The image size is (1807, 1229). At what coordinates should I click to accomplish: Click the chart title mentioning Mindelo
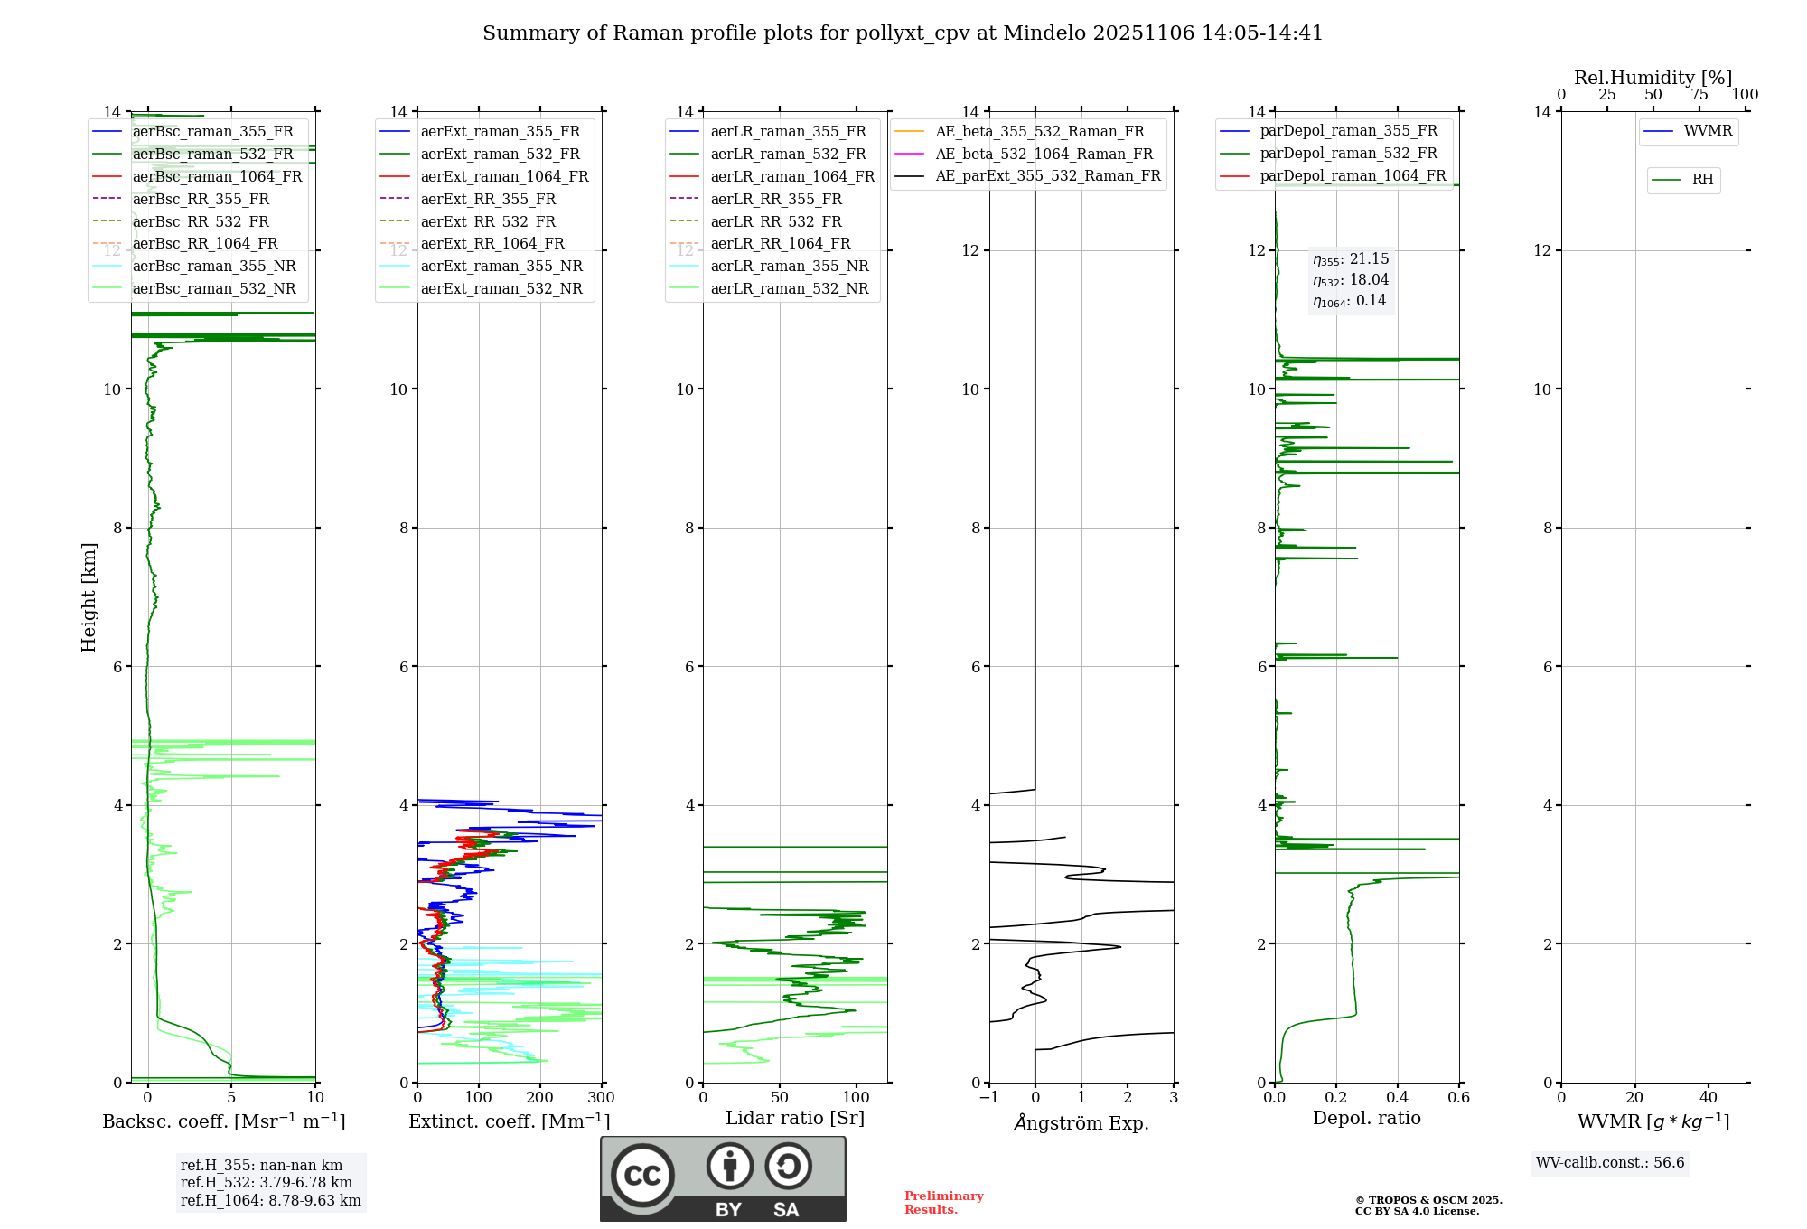pos(903,33)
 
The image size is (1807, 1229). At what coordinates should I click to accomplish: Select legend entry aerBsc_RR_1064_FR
pos(205,244)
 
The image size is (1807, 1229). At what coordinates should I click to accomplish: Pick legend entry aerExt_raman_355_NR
pos(501,267)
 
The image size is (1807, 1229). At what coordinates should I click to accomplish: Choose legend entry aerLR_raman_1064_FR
pos(792,177)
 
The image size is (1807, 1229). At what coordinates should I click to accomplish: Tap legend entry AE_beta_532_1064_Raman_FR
pos(1044,155)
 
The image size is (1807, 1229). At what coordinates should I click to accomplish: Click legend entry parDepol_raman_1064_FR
pos(1353,176)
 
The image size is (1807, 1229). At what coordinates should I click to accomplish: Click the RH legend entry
pos(1702,180)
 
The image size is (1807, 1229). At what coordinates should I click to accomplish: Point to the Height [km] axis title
pos(89,597)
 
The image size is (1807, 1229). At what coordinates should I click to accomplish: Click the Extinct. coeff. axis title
pos(510,1121)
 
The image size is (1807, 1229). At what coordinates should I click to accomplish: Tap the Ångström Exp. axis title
pos(1081,1123)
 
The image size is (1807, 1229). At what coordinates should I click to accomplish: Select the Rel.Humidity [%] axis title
pos(1653,78)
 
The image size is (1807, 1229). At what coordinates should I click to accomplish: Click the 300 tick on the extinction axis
pos(601,1098)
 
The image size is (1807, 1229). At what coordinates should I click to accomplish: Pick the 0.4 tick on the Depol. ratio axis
pos(1398,1098)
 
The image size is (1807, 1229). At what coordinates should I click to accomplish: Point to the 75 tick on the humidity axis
pos(1699,95)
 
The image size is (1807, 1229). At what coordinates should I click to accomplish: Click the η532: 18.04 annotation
pos(1351,280)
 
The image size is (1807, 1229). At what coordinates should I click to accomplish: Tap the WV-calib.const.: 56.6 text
pos(1610,1163)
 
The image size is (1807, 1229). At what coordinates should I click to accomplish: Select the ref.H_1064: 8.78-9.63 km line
pos(270,1201)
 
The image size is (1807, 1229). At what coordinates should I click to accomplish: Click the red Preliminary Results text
pos(943,1203)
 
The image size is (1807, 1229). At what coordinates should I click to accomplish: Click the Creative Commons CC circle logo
pos(642,1176)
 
